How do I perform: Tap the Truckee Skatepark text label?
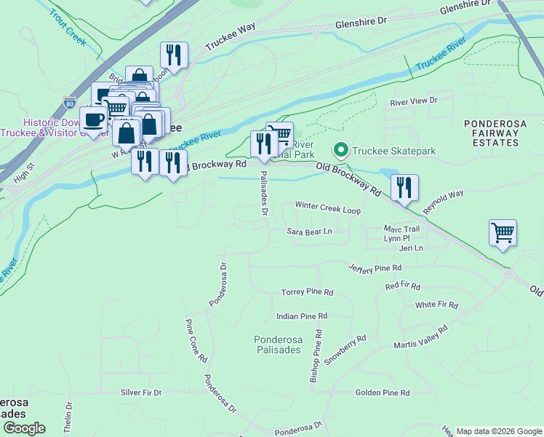393,151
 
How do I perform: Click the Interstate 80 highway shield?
69,103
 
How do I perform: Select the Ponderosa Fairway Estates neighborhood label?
495,133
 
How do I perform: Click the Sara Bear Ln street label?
309,232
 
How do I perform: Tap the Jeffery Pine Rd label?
375,269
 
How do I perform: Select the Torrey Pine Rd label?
307,292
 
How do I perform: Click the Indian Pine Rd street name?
302,316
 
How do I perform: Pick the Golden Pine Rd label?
383,393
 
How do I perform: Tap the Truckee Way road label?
230,37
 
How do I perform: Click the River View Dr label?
414,101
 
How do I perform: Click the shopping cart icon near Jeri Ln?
503,233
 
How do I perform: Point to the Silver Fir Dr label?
141,393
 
